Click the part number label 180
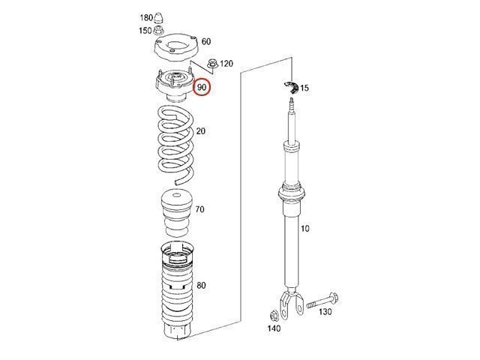click(146, 18)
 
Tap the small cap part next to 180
click(158, 18)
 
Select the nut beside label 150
click(158, 31)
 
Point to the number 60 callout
click(206, 41)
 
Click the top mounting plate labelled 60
click(175, 47)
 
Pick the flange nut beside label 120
click(212, 63)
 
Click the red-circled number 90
click(202, 87)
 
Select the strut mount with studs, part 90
click(175, 85)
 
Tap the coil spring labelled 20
click(175, 144)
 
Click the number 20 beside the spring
click(201, 131)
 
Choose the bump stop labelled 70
click(177, 214)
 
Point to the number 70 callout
click(199, 209)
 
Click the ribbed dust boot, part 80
click(177, 289)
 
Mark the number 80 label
click(201, 285)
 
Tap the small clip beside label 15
click(291, 88)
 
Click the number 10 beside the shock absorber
click(305, 228)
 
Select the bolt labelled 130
click(322, 300)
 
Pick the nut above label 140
click(274, 315)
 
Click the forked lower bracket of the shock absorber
click(292, 302)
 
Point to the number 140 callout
click(274, 328)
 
